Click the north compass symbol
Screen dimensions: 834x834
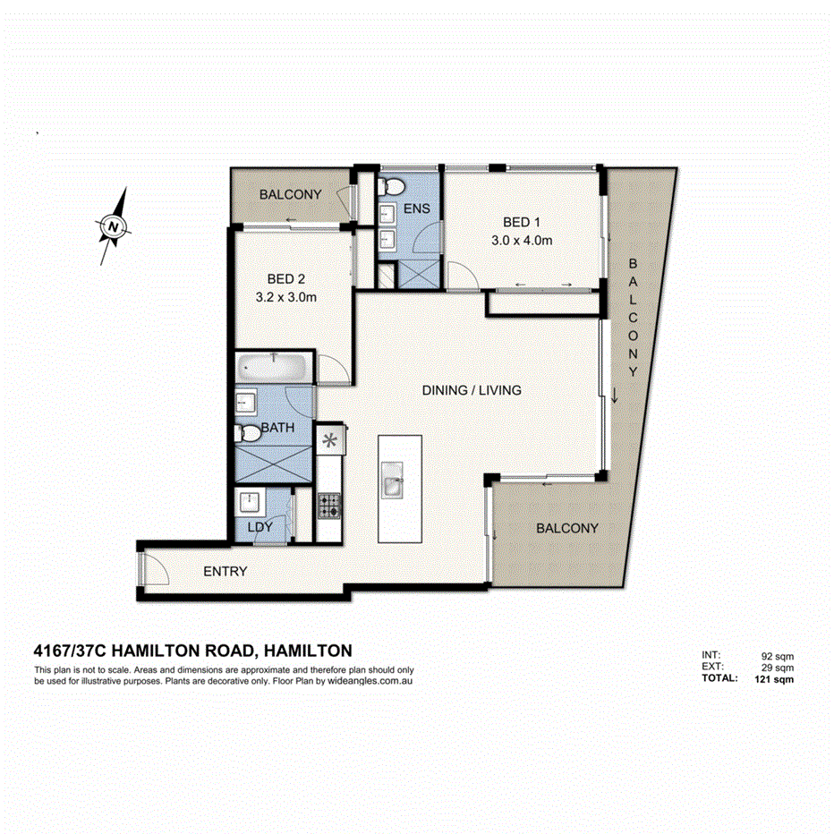tap(113, 226)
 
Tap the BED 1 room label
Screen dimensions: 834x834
tap(522, 222)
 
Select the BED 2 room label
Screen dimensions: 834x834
tap(286, 278)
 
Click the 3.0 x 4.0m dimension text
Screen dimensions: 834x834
tap(522, 241)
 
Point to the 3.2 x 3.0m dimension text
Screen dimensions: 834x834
tap(286, 297)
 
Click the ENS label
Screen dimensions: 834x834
tap(417, 209)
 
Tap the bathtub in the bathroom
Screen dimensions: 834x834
tap(273, 366)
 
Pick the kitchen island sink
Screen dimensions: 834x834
tap(392, 485)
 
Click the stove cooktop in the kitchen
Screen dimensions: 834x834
tap(328, 506)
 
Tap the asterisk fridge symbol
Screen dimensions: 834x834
tap(329, 440)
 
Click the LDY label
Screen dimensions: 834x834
tap(260, 527)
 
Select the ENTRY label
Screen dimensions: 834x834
tap(225, 571)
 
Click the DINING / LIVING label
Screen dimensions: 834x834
tap(472, 390)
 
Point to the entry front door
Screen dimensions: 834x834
tap(145, 568)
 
